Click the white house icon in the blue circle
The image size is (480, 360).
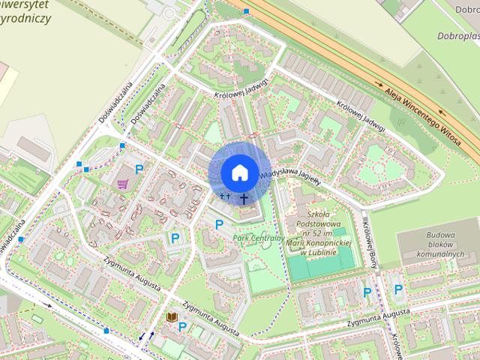[238, 173]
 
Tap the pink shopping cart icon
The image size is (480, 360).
[122, 184]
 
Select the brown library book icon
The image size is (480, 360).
[172, 318]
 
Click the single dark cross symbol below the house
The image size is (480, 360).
[244, 199]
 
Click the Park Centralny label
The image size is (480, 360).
[259, 238]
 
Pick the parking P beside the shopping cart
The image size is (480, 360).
[139, 170]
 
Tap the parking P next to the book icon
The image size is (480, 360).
[182, 327]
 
